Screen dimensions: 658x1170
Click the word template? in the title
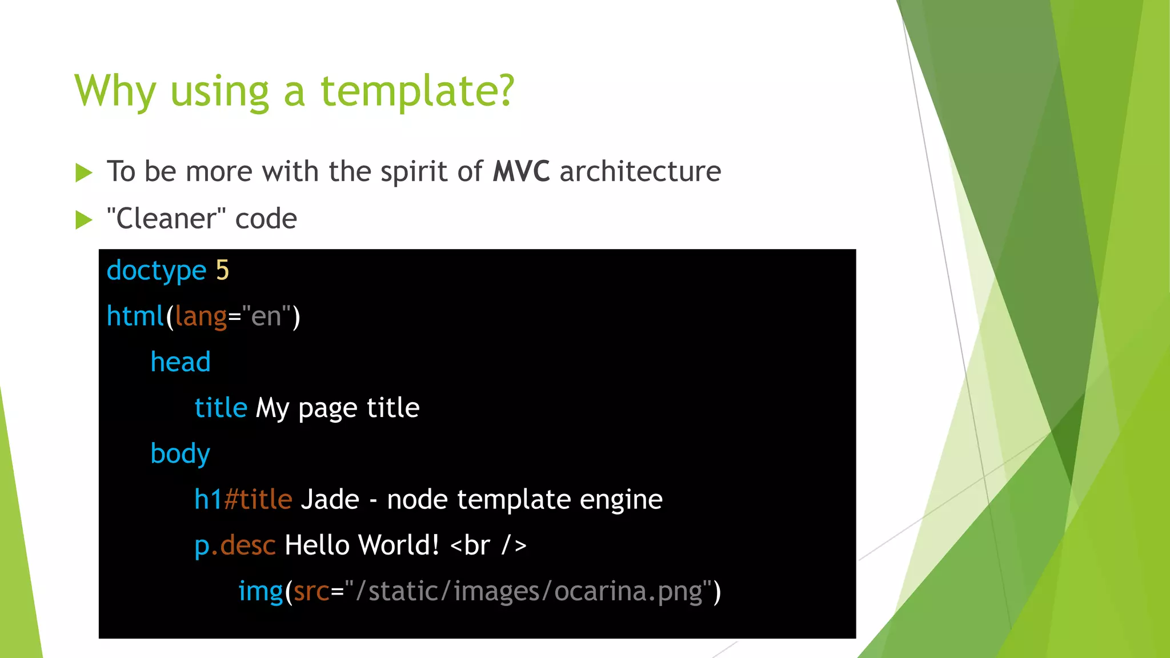(417, 91)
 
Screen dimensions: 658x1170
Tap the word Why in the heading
(115, 91)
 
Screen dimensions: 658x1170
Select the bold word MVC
(521, 171)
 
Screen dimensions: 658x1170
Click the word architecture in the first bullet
(640, 171)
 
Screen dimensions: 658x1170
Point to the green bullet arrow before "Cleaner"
(83, 220)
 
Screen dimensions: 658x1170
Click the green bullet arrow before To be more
(83, 172)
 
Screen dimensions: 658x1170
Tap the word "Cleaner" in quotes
(166, 219)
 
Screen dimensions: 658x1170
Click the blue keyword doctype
(156, 271)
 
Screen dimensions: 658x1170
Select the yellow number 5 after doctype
(222, 270)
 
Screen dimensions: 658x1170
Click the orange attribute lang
(201, 316)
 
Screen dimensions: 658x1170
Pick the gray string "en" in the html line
(266, 316)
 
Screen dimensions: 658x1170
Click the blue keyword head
(181, 362)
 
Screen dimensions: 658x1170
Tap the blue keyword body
(181, 454)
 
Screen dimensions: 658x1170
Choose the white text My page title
(337, 408)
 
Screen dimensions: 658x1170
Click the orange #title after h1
(258, 500)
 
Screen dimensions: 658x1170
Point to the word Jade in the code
(330, 500)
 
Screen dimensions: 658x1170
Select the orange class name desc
(248, 545)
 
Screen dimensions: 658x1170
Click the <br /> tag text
(488, 545)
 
